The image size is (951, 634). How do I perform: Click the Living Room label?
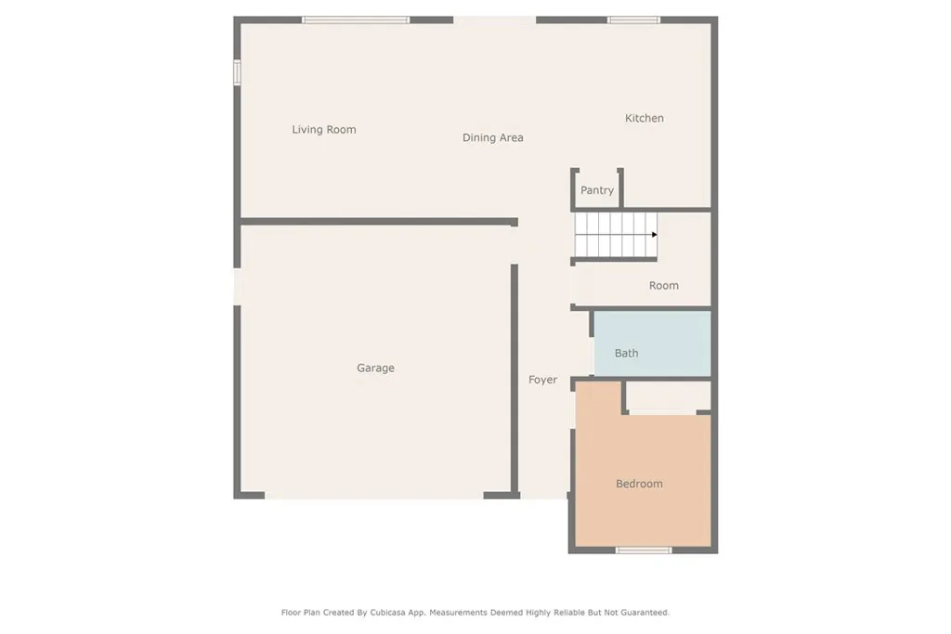tap(323, 130)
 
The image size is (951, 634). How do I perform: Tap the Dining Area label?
tap(492, 138)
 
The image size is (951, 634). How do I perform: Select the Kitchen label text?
tap(644, 119)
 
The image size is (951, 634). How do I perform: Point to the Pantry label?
tap(596, 190)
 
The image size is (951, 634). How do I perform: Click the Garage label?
tap(375, 369)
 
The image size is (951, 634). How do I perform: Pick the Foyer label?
tap(542, 380)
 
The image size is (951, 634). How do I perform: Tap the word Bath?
tap(626, 354)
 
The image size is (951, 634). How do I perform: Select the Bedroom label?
tap(639, 485)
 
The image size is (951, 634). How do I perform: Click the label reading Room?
tap(663, 286)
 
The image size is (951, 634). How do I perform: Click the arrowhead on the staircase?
tap(654, 235)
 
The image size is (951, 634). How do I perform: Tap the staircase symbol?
tap(615, 235)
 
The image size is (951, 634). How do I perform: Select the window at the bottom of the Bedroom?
tap(643, 550)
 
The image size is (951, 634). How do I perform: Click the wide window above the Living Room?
tap(356, 19)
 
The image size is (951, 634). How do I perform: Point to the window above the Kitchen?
tap(633, 19)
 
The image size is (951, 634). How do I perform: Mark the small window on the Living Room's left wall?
tap(237, 72)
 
